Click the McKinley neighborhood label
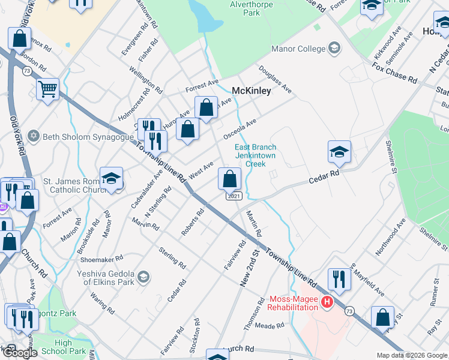tap(252, 91)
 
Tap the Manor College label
tap(298, 49)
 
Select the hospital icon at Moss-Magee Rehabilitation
tap(327, 302)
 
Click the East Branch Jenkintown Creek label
tap(255, 155)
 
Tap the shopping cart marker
tap(47, 90)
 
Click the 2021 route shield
tap(234, 196)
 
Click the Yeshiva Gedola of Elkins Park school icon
tap(143, 277)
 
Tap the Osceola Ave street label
tap(240, 129)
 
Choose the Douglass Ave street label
tap(276, 80)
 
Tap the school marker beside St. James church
tap(111, 178)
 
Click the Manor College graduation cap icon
tap(334, 49)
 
